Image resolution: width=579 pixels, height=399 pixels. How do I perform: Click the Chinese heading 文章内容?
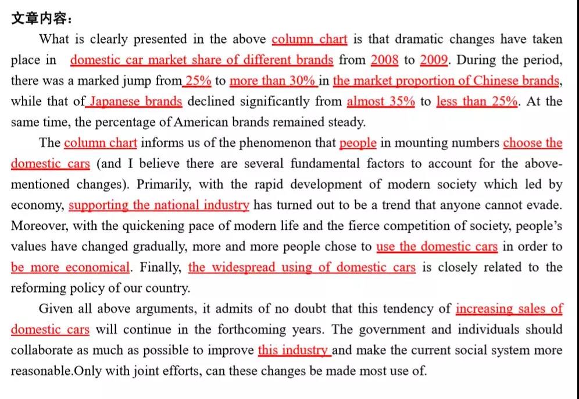pyautogui.click(x=40, y=19)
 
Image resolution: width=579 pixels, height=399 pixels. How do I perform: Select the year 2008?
pyautogui.click(x=384, y=60)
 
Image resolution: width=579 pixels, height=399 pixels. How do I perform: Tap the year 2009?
pyautogui.click(x=434, y=60)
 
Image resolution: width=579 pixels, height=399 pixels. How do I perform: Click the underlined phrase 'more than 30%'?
pyautogui.click(x=273, y=81)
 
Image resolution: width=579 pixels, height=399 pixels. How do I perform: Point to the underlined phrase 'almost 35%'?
pyautogui.click(x=381, y=101)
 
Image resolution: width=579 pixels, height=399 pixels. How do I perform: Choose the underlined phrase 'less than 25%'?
pyautogui.click(x=477, y=101)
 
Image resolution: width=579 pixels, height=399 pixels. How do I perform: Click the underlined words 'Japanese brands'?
pyautogui.click(x=135, y=101)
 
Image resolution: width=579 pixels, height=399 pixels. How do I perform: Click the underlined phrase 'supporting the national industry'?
pyautogui.click(x=159, y=205)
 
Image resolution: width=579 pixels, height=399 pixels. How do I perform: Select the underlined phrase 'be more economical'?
pyautogui.click(x=70, y=268)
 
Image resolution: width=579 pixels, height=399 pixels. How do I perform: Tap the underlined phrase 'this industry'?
pyautogui.click(x=294, y=350)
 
